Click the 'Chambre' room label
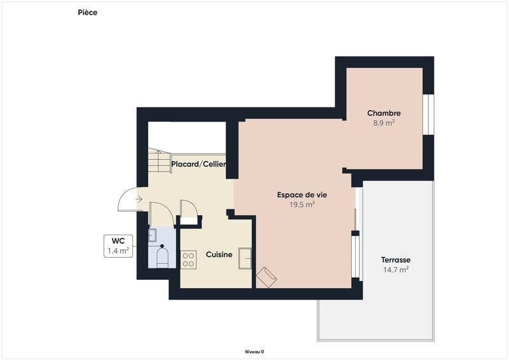(x=384, y=113)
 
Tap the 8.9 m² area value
(x=384, y=123)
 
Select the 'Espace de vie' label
(x=302, y=195)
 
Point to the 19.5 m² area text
(x=302, y=205)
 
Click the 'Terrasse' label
(x=395, y=260)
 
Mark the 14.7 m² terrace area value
(x=395, y=270)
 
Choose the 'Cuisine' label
(x=219, y=254)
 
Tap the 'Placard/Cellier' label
(x=199, y=164)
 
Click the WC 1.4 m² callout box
(x=118, y=246)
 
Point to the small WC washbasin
(x=152, y=235)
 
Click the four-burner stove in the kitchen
(x=189, y=259)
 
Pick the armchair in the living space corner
(x=266, y=277)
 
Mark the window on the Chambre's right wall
(x=428, y=114)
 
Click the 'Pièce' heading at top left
(x=88, y=12)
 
